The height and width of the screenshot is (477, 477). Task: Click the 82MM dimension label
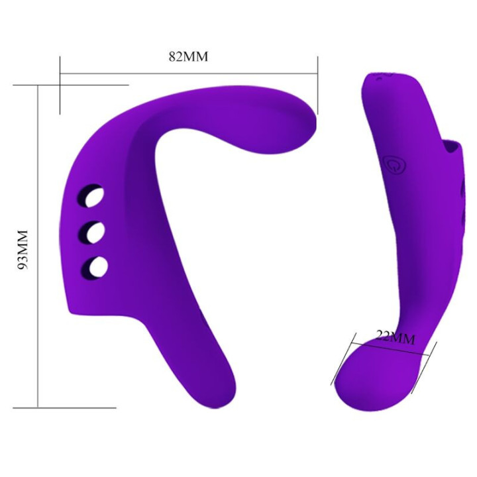pos(188,57)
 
